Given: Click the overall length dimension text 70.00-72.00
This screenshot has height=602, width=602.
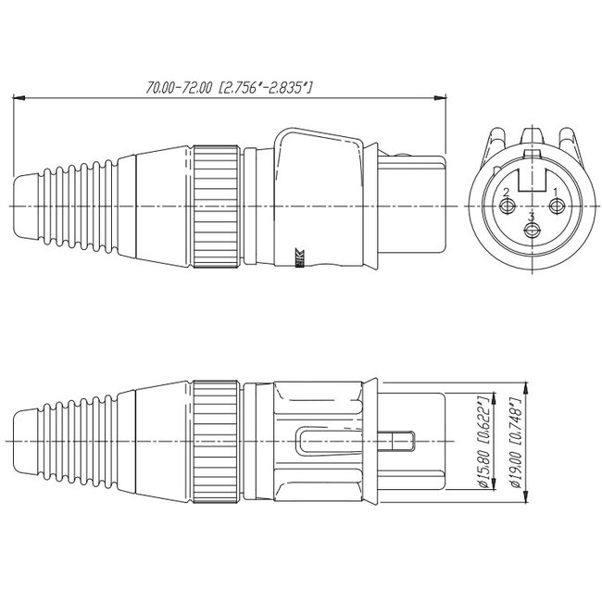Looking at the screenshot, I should coord(228,88).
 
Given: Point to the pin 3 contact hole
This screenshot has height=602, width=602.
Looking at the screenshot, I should coord(532,232).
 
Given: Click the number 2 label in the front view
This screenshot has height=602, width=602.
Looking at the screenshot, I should coord(507,191).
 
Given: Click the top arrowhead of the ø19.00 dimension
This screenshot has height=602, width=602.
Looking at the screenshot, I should coord(500,398).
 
